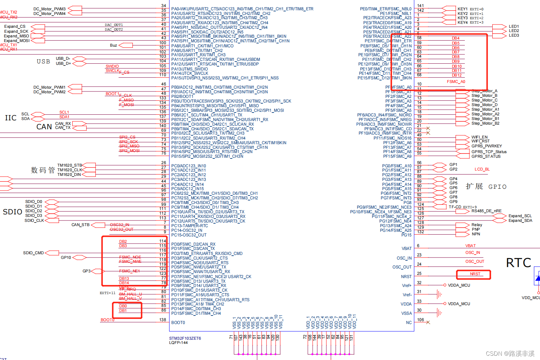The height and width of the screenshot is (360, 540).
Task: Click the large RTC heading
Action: (x=518, y=263)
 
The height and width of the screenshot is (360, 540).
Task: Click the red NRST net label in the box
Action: (x=475, y=274)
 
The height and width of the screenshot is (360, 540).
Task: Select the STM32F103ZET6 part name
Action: (x=185, y=338)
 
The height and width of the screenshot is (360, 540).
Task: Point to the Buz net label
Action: (x=114, y=45)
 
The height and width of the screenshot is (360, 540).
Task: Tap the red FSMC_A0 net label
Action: (x=456, y=82)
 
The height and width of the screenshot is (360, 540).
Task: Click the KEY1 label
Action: (x=462, y=9)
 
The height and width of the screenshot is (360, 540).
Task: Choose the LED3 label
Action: (x=514, y=36)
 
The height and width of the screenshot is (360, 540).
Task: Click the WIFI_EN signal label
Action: (x=479, y=137)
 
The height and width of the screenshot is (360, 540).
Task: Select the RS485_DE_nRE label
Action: (x=486, y=211)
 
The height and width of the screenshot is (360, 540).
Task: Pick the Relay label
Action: (x=477, y=225)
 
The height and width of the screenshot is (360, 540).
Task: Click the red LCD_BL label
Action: (x=482, y=169)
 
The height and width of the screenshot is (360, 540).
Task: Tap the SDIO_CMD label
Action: (x=33, y=253)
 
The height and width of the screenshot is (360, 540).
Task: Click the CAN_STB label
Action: (x=81, y=225)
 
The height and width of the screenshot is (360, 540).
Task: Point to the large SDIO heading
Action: (x=12, y=212)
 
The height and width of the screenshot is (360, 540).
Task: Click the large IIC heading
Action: (x=11, y=118)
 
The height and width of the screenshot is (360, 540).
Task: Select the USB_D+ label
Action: (x=63, y=64)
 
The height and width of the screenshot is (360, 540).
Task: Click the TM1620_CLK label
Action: (x=69, y=170)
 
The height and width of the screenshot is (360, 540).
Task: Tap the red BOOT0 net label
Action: (x=107, y=320)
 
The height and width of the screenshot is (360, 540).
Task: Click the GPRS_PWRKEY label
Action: (x=487, y=146)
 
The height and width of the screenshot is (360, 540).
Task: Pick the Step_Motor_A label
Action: (x=484, y=91)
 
